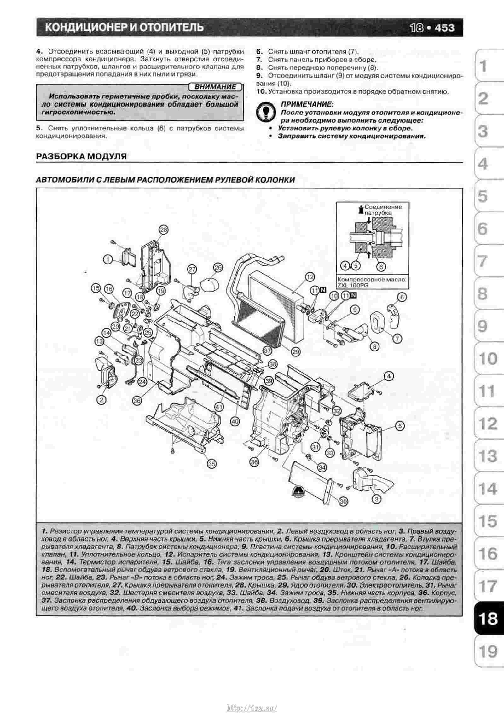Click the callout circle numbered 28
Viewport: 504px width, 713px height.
[x=164, y=230]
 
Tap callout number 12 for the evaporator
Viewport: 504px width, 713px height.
[x=310, y=277]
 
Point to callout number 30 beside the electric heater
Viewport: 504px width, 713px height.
[x=344, y=501]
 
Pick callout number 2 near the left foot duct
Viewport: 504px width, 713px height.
[x=101, y=400]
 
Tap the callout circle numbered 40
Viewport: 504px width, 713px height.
[x=235, y=421]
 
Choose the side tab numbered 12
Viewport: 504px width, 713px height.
[x=487, y=423]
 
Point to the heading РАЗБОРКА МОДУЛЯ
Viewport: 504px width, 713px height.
[x=81, y=156]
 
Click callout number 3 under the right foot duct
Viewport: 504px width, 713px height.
[x=377, y=499]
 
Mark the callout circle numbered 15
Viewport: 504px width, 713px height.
[x=96, y=288]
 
